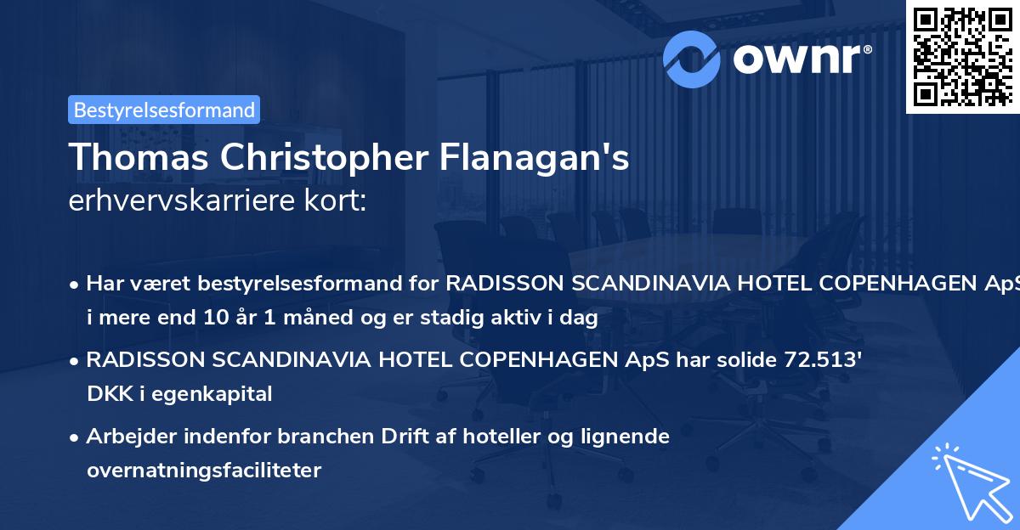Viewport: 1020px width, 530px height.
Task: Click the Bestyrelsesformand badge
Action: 164,110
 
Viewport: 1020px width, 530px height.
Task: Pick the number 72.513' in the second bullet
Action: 818,359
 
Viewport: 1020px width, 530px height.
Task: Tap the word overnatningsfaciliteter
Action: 204,470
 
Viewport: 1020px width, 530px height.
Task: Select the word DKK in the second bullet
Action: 106,393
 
